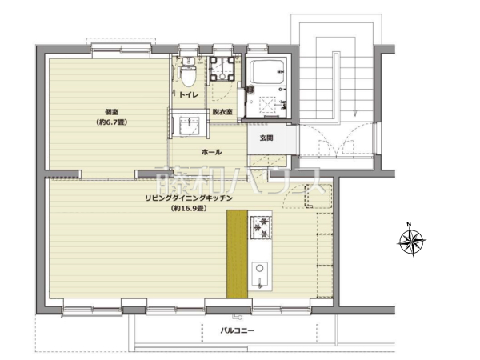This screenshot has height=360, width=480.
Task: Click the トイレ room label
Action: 189,95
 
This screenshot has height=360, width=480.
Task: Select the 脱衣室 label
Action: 222,112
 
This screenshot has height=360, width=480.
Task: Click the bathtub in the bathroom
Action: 266,72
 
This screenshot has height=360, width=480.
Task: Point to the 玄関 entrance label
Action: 266,138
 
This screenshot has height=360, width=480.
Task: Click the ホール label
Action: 211,152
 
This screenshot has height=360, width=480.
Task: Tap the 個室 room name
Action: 112,112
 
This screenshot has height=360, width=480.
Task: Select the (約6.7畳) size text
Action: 112,122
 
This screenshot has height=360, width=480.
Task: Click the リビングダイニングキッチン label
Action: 189,198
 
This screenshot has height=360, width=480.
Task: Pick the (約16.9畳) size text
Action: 189,209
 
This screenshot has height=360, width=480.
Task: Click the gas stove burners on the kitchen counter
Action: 261,227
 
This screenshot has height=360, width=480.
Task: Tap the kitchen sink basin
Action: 259,275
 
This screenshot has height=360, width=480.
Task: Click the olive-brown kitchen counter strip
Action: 237,254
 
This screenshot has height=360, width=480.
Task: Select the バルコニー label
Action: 238,330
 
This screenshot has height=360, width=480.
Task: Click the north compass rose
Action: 411,242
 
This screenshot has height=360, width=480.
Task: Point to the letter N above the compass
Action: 409,224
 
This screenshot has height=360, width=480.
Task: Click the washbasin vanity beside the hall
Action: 189,124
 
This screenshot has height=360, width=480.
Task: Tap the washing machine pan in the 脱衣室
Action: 222,69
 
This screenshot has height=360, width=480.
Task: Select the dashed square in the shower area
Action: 268,104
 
